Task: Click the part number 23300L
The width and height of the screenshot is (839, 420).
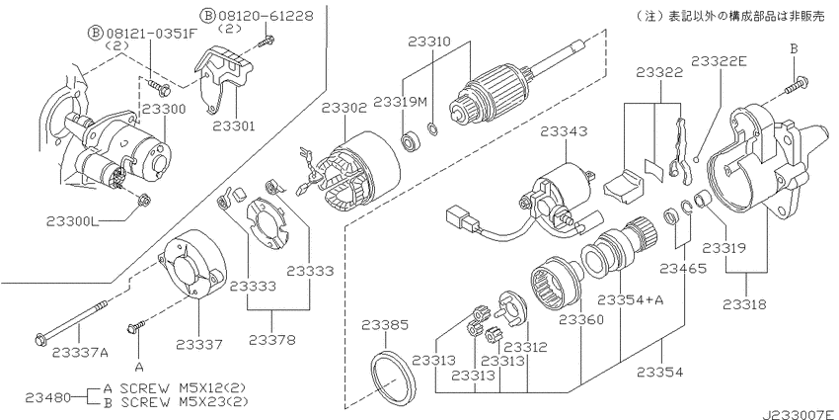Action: coord(73,221)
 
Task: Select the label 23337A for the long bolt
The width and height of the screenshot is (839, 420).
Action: coord(80,352)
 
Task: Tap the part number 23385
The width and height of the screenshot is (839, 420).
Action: coord(385,325)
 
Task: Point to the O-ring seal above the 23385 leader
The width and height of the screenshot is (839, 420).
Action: coord(393,379)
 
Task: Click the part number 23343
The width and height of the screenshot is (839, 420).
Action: coord(564,131)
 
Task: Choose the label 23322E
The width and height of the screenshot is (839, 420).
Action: coord(719,61)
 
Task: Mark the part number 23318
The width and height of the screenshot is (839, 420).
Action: coord(744,304)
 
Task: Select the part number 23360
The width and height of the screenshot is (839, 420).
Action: coord(581,320)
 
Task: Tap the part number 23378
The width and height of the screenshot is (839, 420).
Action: coord(271,340)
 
